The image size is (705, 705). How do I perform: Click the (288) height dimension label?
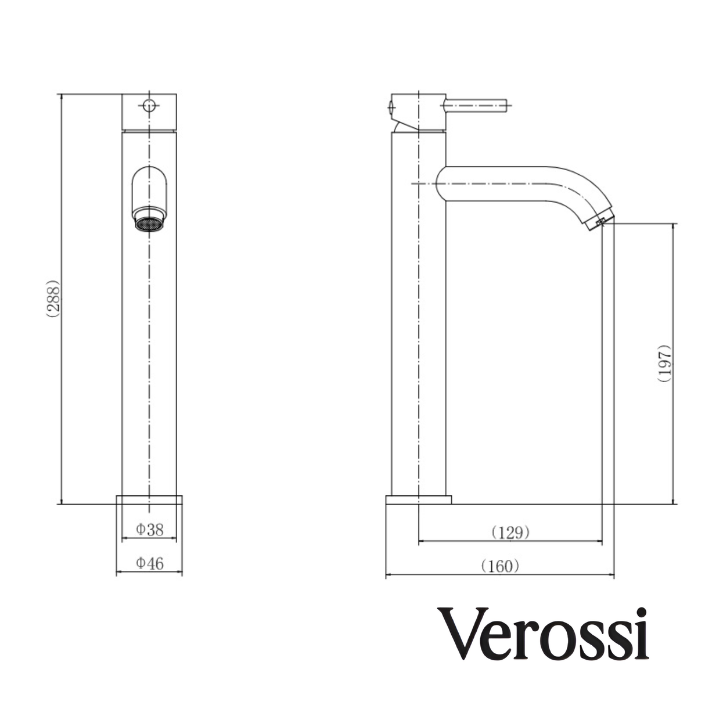coord(53,300)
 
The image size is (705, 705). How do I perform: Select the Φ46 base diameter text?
coord(150,563)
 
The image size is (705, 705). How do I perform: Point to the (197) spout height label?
coord(664,364)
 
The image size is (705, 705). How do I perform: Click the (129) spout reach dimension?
coord(510,532)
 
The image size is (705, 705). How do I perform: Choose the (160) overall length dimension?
coord(500,566)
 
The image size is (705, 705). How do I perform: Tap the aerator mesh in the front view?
coord(150,224)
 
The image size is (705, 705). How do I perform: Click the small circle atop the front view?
coord(149,105)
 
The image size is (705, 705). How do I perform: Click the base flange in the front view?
coord(150,499)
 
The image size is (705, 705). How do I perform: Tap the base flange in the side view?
coord(418,499)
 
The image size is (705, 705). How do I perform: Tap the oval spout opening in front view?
coord(150,189)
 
